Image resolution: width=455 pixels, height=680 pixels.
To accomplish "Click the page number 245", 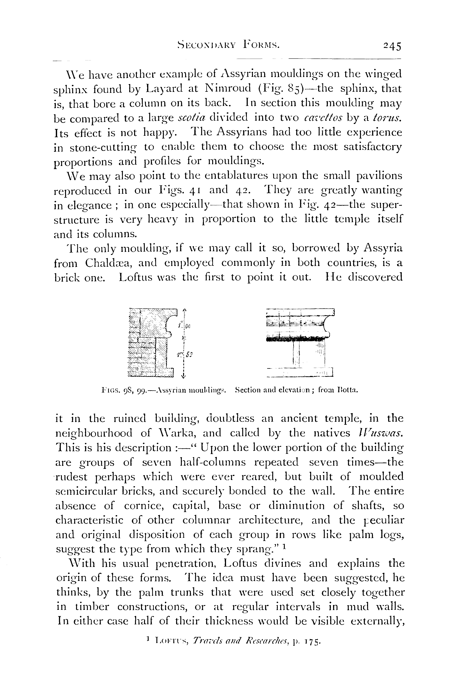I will [x=392, y=46].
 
